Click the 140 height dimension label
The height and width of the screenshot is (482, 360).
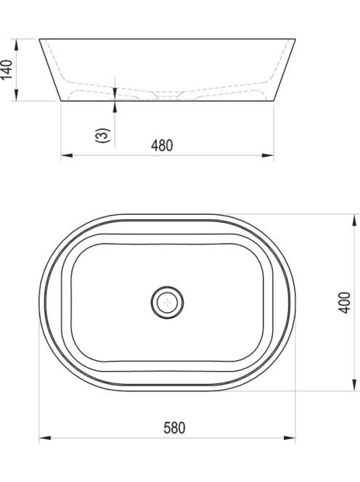coord(7,70)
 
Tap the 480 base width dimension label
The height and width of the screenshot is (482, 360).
coord(162,145)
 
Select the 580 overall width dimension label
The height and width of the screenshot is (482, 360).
coord(174,428)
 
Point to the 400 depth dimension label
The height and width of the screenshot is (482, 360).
coord(345,303)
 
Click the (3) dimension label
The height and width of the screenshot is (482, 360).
coord(102,136)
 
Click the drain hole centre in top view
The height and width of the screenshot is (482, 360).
coord(167,302)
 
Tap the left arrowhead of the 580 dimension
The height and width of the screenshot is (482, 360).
coord(45,438)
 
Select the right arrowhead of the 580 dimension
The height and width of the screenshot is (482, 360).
coord(290,438)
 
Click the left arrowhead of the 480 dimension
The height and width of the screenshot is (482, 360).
coord(67,155)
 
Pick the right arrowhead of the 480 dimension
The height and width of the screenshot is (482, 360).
coord(268,155)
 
